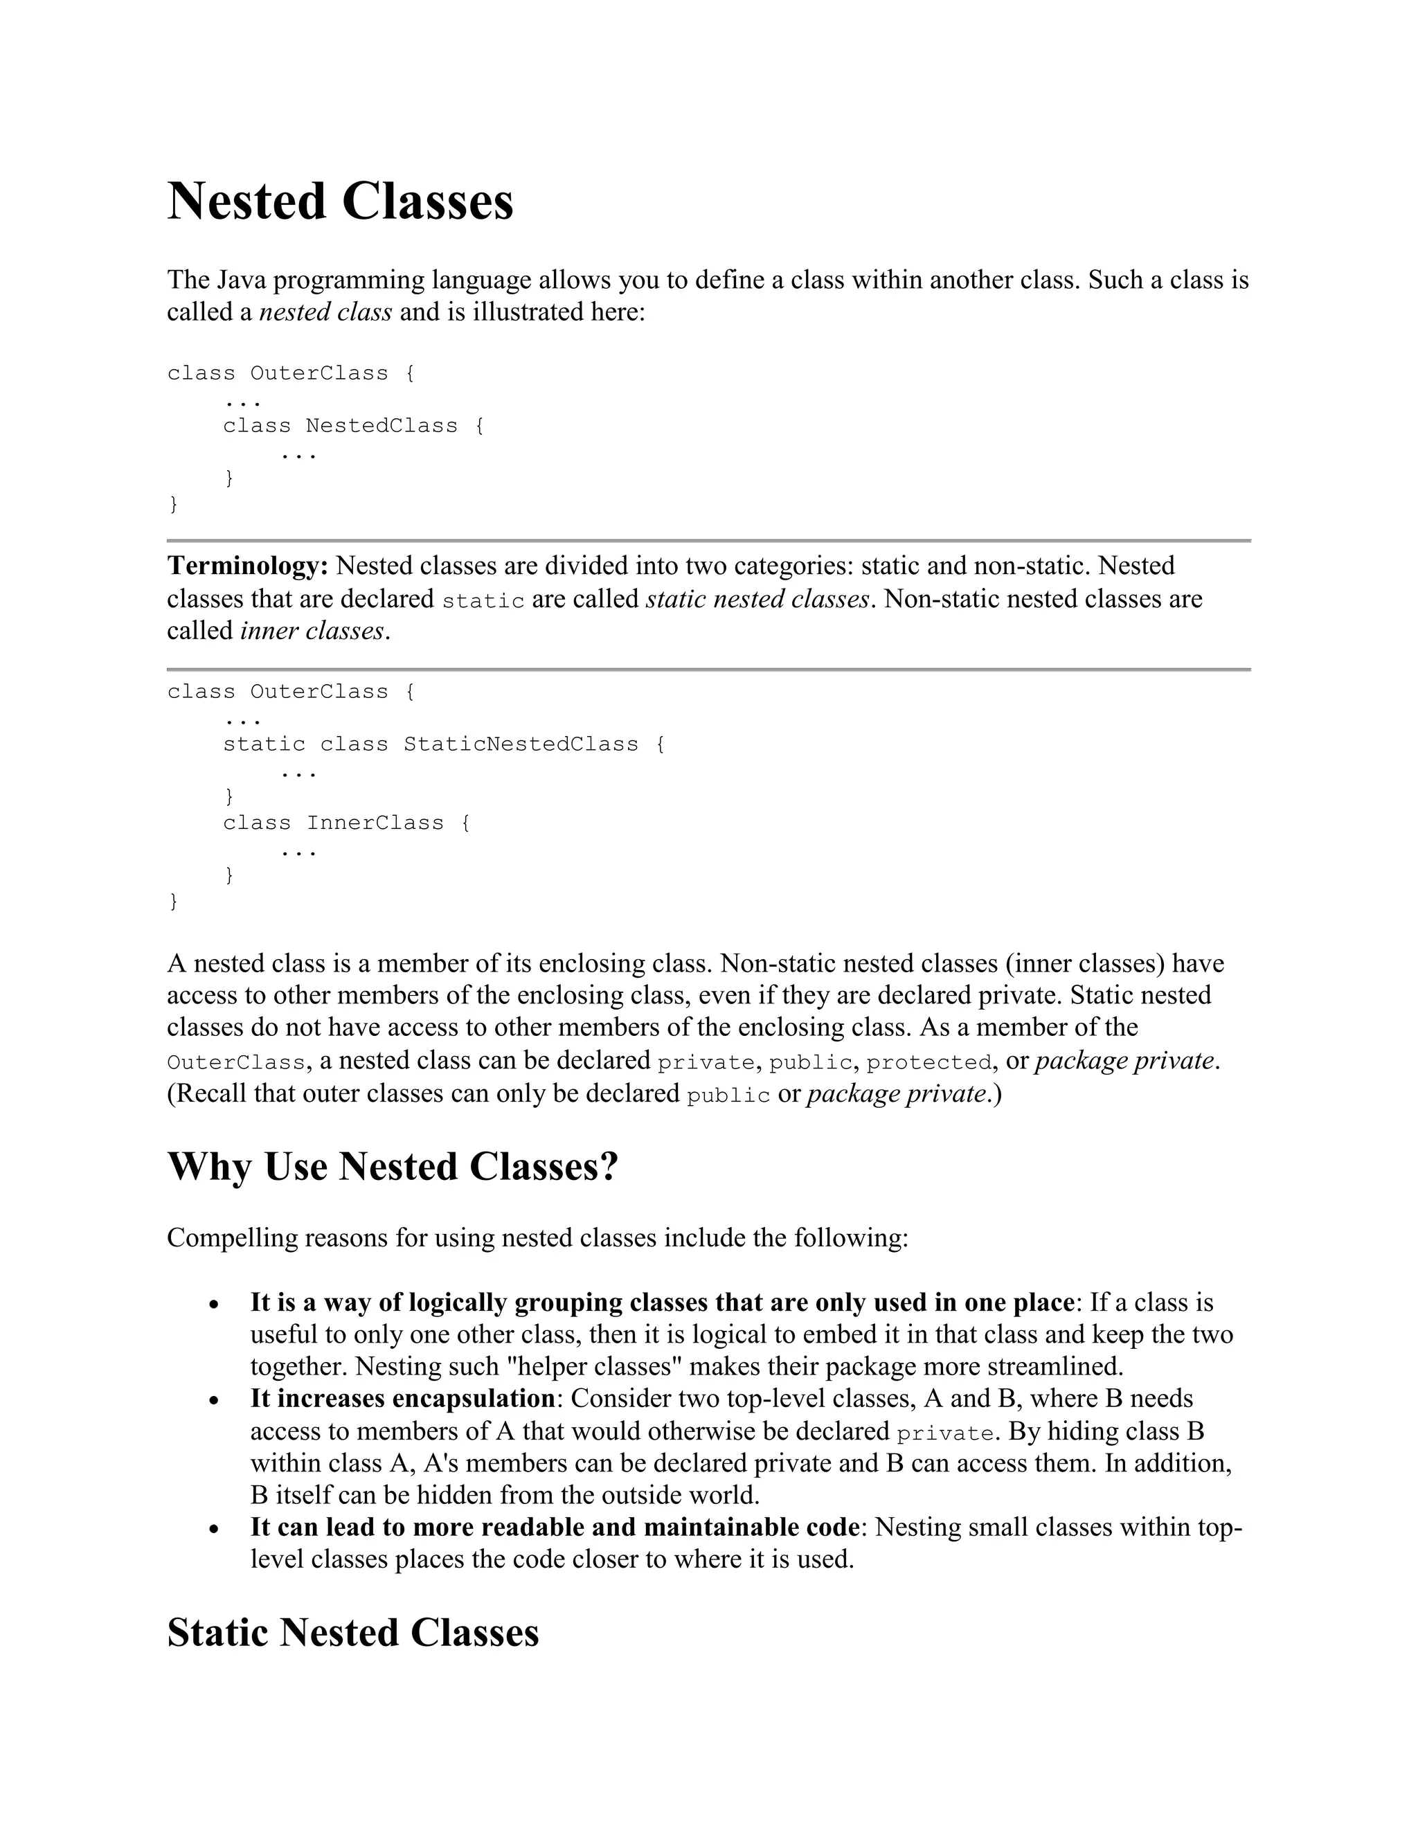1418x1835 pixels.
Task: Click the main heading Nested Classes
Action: coord(340,202)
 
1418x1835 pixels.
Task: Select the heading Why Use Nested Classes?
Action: coord(393,1167)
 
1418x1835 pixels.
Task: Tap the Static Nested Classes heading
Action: coord(353,1633)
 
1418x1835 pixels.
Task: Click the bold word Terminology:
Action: coord(248,566)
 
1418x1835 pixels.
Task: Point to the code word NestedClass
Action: coord(382,426)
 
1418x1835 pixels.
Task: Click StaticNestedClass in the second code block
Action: coord(521,744)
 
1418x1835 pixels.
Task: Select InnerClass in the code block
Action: coord(375,823)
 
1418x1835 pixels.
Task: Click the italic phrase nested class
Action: coord(325,312)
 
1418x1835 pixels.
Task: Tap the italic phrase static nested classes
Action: coord(757,599)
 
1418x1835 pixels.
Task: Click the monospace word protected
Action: coord(929,1062)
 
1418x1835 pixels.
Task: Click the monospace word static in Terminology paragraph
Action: coord(483,601)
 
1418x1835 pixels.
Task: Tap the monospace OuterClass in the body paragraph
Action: coord(235,1063)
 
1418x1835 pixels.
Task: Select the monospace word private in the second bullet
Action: coord(945,1433)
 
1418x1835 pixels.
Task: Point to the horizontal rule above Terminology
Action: coord(708,540)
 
